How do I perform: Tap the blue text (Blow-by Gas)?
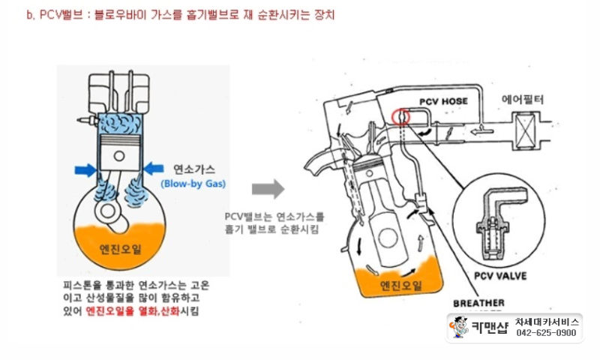point(193,183)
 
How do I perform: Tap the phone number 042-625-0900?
point(547,333)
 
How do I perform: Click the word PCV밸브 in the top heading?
point(58,15)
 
